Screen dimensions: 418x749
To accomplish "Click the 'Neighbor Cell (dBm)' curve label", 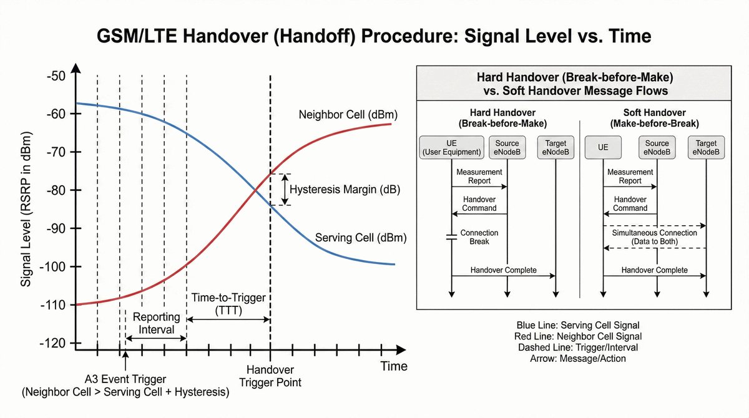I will click(x=348, y=115).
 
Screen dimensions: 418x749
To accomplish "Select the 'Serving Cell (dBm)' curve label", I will click(x=361, y=238).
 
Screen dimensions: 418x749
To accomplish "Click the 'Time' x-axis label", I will click(x=394, y=366).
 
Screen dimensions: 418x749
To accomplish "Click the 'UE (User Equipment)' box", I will click(x=451, y=147).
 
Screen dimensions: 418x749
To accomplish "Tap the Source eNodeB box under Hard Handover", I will click(x=507, y=147).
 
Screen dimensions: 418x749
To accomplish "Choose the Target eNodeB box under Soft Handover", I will click(x=706, y=147).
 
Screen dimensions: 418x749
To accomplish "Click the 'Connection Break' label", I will click(x=479, y=237).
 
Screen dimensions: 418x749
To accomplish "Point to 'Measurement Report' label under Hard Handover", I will click(x=479, y=176).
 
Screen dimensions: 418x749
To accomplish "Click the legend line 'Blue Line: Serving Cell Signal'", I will click(x=578, y=325).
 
